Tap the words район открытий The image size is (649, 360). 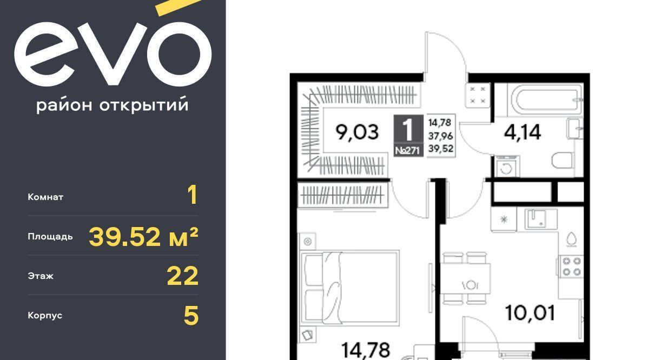point(112,105)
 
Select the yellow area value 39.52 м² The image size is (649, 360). point(143,237)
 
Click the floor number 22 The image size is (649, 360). point(183,276)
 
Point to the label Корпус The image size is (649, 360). point(45,315)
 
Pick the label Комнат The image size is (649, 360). point(45,197)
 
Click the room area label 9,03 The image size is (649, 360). point(357,132)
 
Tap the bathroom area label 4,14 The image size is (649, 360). point(522,132)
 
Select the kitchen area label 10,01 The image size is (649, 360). point(530,313)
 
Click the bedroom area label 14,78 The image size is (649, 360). point(366,350)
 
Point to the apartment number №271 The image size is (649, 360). point(408,150)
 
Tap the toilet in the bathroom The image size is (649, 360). point(562,160)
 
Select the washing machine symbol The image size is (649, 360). point(506,167)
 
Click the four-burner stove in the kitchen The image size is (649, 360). point(571,266)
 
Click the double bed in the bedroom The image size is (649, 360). point(350,287)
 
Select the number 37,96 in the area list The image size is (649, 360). point(440,136)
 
